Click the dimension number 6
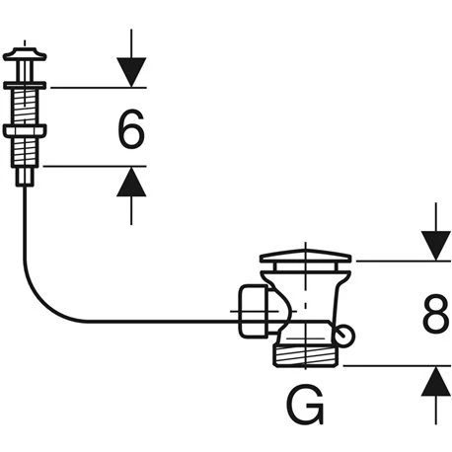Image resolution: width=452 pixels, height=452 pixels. [x=131, y=128]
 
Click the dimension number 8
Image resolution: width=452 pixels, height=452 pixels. [x=434, y=316]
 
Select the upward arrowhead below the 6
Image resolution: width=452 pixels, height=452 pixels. [x=131, y=182]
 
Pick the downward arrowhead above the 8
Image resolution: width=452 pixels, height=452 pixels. [x=434, y=246]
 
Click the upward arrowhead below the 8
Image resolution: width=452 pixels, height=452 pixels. [x=434, y=381]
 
